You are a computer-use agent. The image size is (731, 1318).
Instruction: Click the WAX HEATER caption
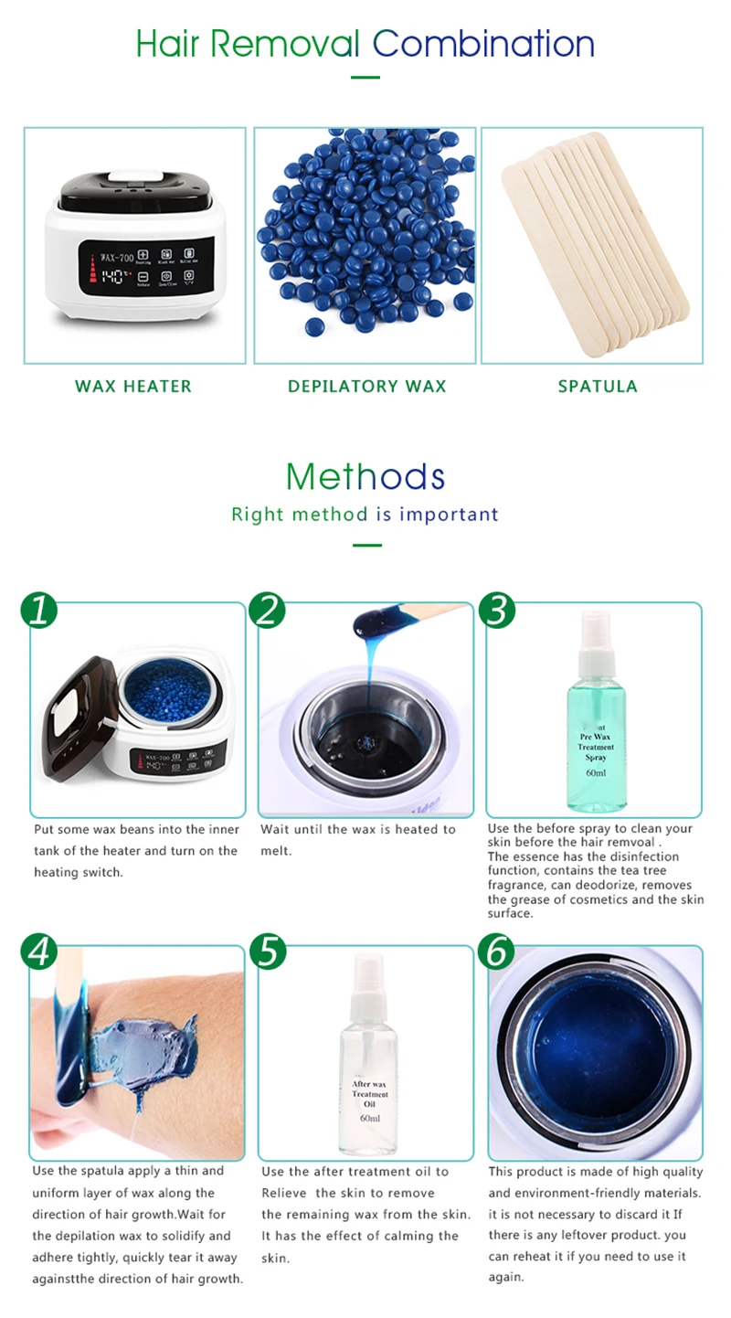[133, 386]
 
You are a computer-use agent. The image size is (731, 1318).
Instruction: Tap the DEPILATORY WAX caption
[366, 386]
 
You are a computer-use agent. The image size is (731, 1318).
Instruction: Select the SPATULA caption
[597, 386]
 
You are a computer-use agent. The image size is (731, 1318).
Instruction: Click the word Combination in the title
[483, 43]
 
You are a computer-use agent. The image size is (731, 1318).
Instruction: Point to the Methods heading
[365, 476]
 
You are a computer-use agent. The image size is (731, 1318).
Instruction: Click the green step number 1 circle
[37, 610]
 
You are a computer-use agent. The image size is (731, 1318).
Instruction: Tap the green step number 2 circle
[266, 610]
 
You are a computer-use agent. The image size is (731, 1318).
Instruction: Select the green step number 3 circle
[495, 610]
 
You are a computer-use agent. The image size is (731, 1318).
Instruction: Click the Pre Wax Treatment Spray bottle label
[595, 748]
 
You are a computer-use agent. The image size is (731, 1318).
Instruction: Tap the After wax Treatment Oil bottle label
[369, 1094]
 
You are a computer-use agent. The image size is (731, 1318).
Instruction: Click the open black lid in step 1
[78, 714]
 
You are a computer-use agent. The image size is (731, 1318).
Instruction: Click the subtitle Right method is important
[365, 514]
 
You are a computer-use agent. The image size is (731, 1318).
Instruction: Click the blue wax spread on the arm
[146, 1047]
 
